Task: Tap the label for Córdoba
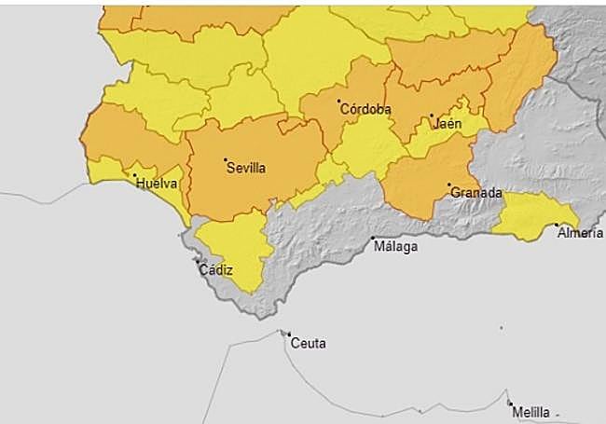(366, 109)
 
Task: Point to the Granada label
(476, 193)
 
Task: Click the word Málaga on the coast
(395, 247)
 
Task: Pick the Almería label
(580, 233)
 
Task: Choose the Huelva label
(156, 184)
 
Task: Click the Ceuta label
(309, 343)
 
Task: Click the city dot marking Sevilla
(226, 160)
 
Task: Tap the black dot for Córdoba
(339, 101)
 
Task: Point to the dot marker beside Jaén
(432, 116)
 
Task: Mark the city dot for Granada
(449, 185)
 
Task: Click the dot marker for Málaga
(373, 238)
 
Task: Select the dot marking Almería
(557, 225)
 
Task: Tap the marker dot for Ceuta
(289, 335)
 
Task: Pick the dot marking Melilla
(511, 403)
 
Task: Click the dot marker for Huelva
(134, 175)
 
